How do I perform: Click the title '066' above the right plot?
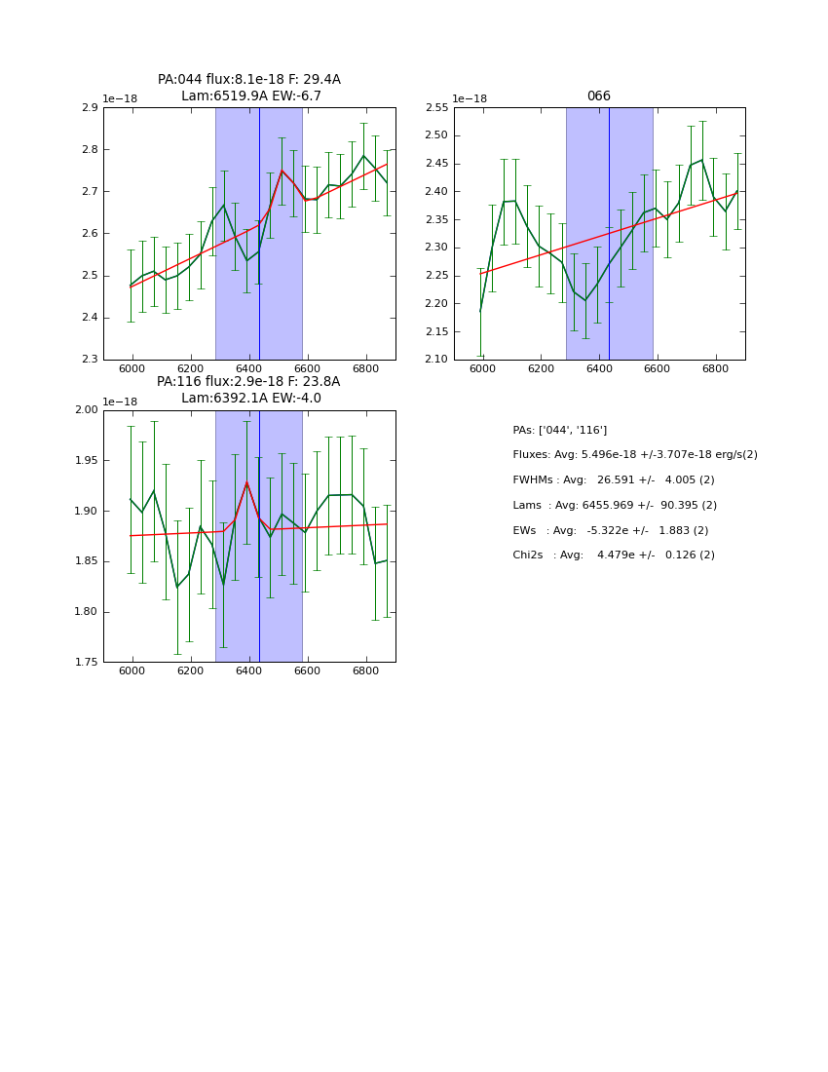coord(598,96)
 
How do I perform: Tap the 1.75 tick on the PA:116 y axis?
coord(86,663)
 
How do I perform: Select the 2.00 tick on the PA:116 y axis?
coord(86,410)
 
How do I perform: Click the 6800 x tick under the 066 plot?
coord(716,369)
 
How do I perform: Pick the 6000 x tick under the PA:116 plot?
coord(132,671)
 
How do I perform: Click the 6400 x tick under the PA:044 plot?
coord(249,369)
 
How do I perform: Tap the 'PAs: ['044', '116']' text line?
coord(559,430)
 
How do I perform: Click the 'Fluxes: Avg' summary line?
coord(634,455)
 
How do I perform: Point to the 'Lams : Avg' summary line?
coord(614,505)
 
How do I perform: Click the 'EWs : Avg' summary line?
coord(610,530)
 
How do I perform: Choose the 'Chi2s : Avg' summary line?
coord(613,555)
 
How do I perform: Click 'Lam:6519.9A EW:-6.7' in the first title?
coord(250,96)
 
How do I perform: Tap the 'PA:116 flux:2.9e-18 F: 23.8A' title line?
coord(248,382)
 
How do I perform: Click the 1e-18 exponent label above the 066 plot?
coord(470,99)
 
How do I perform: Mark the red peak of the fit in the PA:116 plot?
coord(246,482)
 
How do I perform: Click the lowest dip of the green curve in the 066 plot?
coord(585,300)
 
